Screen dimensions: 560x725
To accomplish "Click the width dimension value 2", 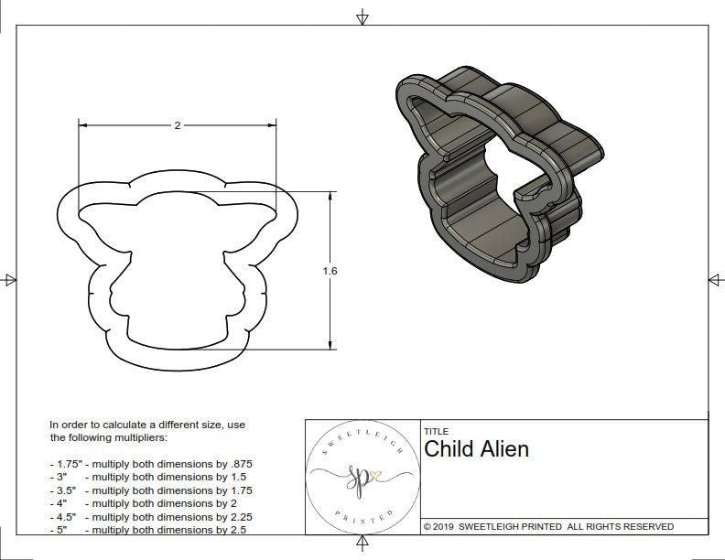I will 177,125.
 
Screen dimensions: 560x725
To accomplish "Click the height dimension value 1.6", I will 330,271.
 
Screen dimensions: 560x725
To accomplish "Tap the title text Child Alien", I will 476,449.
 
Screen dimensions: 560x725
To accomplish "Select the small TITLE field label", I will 436,431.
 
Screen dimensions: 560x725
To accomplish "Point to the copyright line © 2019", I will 548,526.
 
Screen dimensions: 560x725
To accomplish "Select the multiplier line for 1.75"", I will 150,464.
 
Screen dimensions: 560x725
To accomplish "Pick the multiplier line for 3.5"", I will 150,490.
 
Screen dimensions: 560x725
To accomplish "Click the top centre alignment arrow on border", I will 362,16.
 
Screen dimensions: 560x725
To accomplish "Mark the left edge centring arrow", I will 10,279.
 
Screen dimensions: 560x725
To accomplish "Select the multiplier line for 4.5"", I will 150,516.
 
